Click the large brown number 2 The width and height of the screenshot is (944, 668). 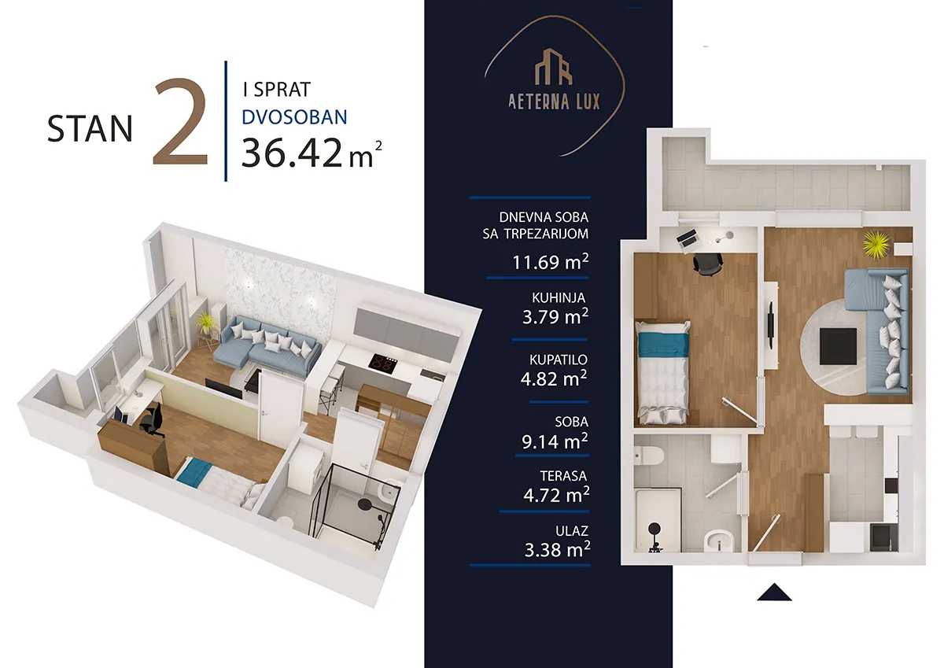point(180,122)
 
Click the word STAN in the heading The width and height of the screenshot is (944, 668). point(90,128)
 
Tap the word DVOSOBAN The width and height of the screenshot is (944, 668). point(294,117)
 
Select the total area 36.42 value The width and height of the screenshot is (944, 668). point(292,153)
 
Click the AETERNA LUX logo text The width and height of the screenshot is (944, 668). point(554,101)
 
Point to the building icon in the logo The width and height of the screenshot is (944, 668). point(554,67)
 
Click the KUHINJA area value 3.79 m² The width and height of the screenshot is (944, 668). point(555,316)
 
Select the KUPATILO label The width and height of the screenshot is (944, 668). point(558,360)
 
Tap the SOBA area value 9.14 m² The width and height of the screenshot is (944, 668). point(555,441)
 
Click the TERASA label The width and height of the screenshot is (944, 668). point(563,476)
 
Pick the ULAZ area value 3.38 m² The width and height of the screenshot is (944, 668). point(557,549)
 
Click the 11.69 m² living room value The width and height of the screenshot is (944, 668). point(550,262)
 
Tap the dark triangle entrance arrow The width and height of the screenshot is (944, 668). point(774,592)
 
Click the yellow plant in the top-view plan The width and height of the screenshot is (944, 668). point(876,245)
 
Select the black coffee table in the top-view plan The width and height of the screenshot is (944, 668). point(838,346)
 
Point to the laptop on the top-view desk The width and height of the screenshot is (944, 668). point(687,238)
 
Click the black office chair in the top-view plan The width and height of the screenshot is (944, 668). point(708,264)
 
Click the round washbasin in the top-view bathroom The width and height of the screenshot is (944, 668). point(719,541)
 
